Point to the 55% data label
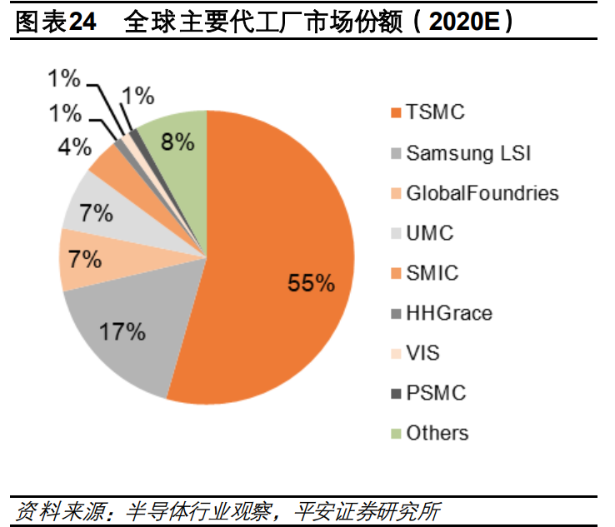point(311,283)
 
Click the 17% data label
point(122,332)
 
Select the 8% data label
point(177,142)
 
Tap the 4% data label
point(74,147)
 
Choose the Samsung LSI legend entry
point(467,153)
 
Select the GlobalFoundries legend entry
point(482,193)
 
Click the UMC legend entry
point(429,233)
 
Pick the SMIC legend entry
point(432,273)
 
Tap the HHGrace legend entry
point(448,313)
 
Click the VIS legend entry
point(422,353)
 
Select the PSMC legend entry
point(435,393)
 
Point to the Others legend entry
point(437,433)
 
